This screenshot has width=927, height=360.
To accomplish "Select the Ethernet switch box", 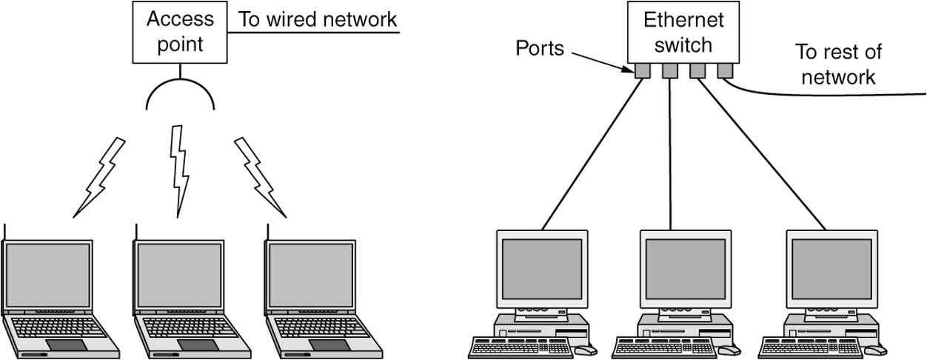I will tap(682, 32).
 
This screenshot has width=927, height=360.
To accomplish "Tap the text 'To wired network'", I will tap(318, 20).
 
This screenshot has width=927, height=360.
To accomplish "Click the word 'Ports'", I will tap(540, 50).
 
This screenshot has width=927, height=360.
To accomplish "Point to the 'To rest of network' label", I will tap(837, 64).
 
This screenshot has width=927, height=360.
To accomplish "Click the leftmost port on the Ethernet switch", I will tap(641, 71).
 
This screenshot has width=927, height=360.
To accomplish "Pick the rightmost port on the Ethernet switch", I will tap(724, 71).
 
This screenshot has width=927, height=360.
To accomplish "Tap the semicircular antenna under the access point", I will tap(181, 93).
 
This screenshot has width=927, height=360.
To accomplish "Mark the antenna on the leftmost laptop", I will tap(4, 231).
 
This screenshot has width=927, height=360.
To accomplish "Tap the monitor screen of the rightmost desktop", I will tap(832, 267).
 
